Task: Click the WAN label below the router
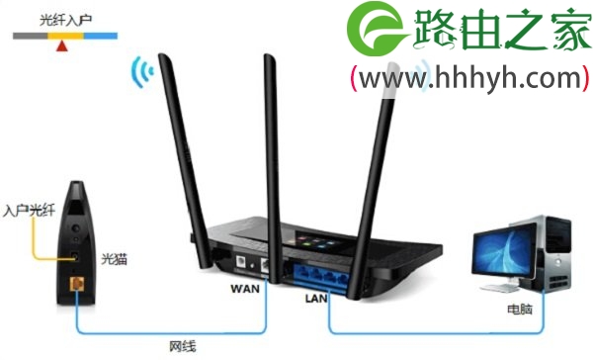click(x=246, y=290)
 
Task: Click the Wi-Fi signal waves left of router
click(x=144, y=74)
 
